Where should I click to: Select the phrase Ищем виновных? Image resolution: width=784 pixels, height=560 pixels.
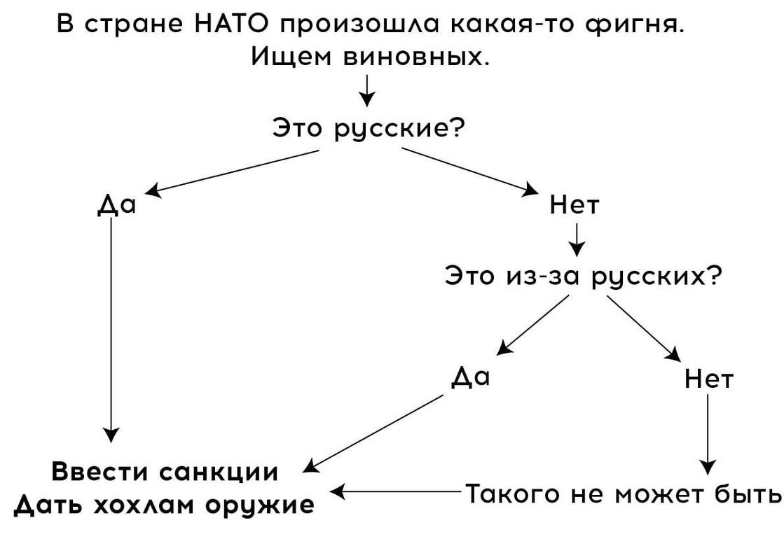click(x=369, y=56)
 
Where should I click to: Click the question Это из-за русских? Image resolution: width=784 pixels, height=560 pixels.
click(x=582, y=276)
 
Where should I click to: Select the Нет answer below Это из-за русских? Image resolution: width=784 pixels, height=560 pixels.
click(x=709, y=379)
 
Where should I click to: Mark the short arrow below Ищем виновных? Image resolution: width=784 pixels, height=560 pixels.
click(x=366, y=90)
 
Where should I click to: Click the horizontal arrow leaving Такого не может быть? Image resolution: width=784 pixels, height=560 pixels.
click(x=396, y=492)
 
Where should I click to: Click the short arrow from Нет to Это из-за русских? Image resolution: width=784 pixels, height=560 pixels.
click(x=577, y=239)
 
